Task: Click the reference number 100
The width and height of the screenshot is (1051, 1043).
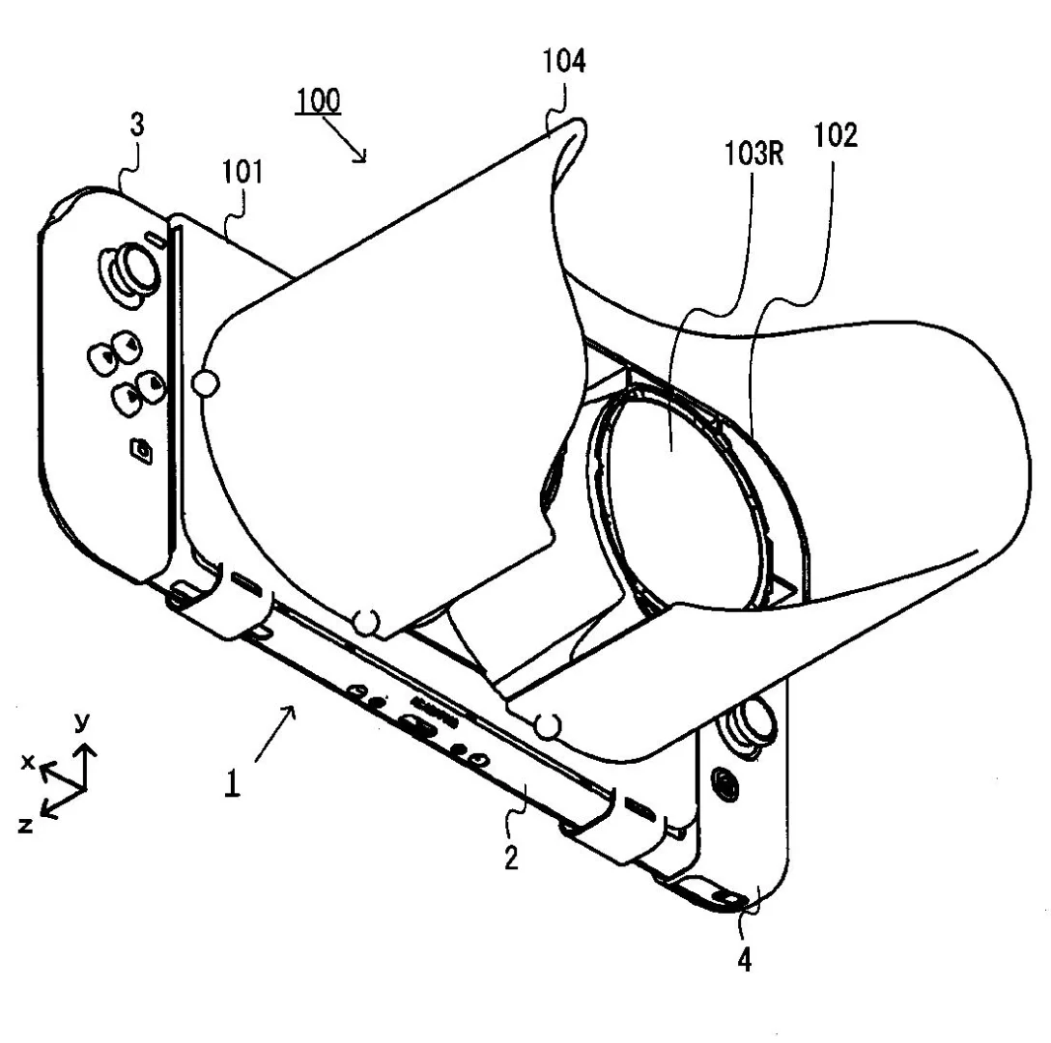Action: pyautogui.click(x=319, y=101)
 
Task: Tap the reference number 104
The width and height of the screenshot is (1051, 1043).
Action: pyautogui.click(x=564, y=61)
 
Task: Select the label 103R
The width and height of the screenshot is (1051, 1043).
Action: pyautogui.click(x=754, y=154)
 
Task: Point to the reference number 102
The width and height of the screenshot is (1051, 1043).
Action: pyautogui.click(x=836, y=135)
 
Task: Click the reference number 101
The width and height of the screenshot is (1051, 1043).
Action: pyautogui.click(x=241, y=172)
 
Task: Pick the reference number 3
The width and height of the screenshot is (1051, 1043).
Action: pyautogui.click(x=137, y=125)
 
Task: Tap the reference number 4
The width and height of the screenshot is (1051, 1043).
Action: pyautogui.click(x=744, y=961)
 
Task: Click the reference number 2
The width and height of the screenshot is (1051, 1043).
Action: pyautogui.click(x=511, y=858)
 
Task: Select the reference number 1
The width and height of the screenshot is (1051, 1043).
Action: pyautogui.click(x=232, y=783)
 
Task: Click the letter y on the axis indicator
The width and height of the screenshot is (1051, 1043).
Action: pyautogui.click(x=82, y=721)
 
